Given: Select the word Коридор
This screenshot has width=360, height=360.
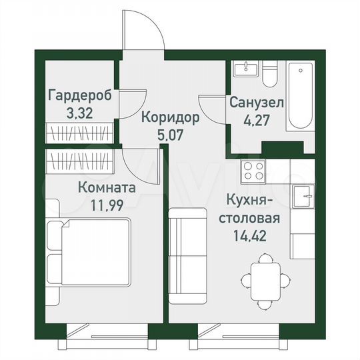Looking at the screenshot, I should tap(171, 119).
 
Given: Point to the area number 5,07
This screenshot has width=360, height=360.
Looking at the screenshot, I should tap(171, 134).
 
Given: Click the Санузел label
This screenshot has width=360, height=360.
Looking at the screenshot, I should tap(257, 103).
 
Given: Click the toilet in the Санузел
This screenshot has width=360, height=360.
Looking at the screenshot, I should tap(270, 75).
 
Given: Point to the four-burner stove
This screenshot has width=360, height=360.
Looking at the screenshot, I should tap(253, 170).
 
